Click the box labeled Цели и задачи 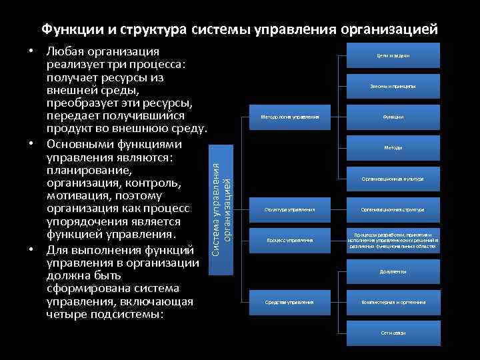393,55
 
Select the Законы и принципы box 393,86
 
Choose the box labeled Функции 393,117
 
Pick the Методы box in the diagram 393,147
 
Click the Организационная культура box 393,179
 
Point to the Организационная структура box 393,209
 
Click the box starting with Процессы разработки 393,240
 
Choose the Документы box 393,271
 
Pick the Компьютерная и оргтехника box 393,302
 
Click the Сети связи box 393,333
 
